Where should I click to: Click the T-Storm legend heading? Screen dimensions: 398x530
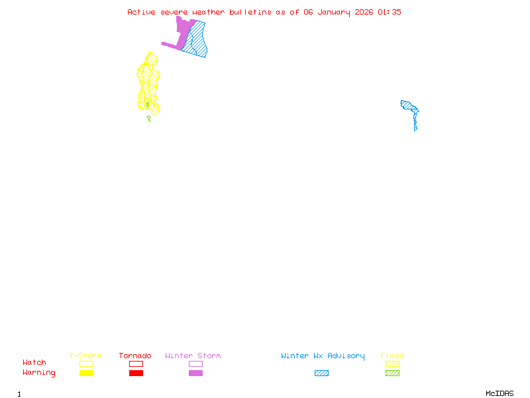tap(85, 356)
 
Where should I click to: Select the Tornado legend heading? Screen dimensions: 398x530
tap(135, 356)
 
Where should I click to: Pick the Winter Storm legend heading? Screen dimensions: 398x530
tap(193, 356)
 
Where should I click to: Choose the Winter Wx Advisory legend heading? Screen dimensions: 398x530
tap(323, 356)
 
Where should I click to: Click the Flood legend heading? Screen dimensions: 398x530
tap(392, 356)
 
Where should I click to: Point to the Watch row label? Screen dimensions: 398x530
tap(34, 363)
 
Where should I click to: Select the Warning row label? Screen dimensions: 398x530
tap(39, 373)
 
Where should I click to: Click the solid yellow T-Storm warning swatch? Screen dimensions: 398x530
tap(86, 373)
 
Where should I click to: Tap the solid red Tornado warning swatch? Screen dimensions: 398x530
tap(136, 373)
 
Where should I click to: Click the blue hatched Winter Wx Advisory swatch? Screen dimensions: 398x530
tap(321, 373)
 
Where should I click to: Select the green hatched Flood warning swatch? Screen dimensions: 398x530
tap(392, 373)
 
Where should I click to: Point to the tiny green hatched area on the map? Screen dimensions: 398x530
tap(149, 119)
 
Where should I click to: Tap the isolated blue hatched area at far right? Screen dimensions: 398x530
tap(411, 107)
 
